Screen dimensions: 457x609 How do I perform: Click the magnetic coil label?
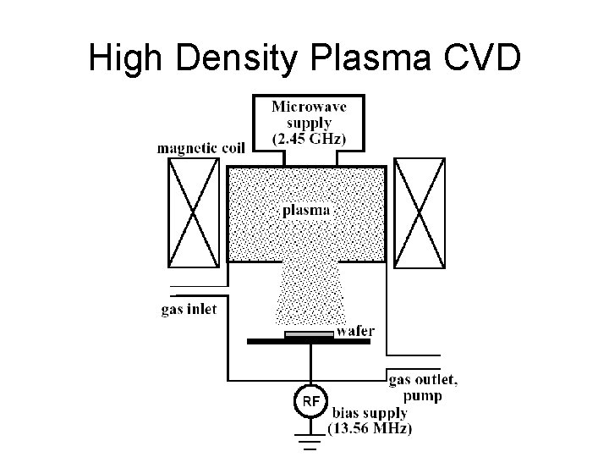(x=200, y=147)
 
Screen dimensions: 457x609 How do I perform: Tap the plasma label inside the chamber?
(x=305, y=210)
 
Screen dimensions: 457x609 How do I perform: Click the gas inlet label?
(x=189, y=309)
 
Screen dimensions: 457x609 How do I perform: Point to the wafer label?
(x=355, y=331)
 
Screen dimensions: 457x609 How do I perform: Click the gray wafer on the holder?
(x=310, y=335)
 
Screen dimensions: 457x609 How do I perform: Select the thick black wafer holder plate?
(x=310, y=341)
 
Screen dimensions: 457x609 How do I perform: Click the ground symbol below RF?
(x=310, y=441)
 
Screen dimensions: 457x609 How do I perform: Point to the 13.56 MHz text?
(x=371, y=428)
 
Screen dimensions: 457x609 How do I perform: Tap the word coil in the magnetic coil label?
(x=229, y=147)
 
